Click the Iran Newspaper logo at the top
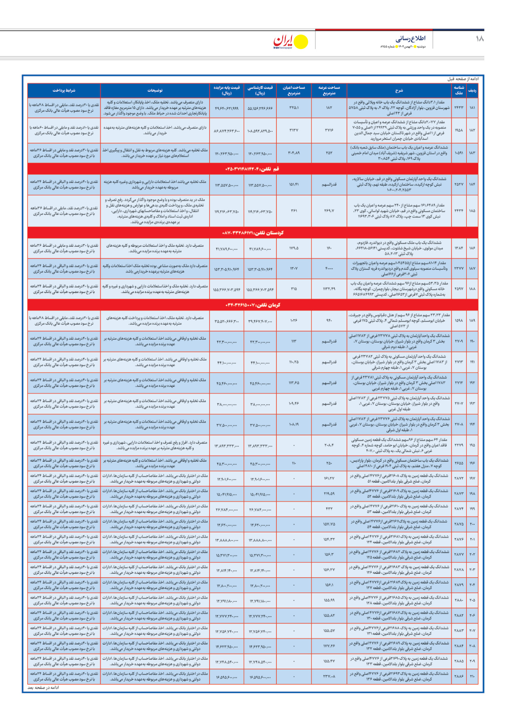point(290,42)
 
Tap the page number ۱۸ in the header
point(479,39)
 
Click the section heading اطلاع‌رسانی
point(410,38)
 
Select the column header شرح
point(399,91)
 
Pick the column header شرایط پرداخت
point(64,91)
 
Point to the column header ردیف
point(472,91)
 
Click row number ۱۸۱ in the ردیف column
point(472,108)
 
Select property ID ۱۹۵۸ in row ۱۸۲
point(459,130)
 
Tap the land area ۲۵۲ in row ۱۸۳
point(329,153)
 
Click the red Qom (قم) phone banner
point(253,169)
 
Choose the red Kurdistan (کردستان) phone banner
point(253,233)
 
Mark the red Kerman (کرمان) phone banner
point(253,305)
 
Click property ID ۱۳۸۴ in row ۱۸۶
point(459,248)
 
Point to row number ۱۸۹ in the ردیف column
point(472,320)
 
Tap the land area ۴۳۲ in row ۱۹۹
point(329,509)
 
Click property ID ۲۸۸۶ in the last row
point(459,676)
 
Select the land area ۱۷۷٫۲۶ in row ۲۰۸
point(329,646)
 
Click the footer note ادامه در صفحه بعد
point(44,688)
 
